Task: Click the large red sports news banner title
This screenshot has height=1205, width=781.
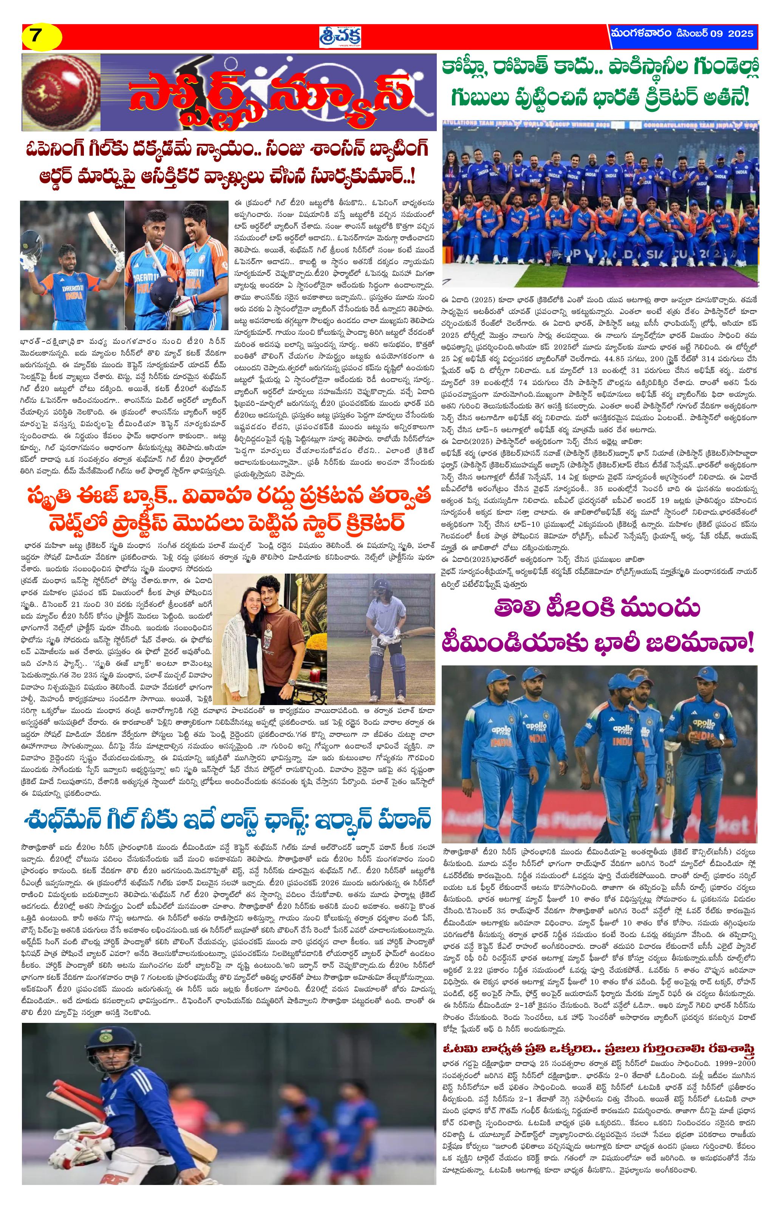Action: (x=268, y=92)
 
